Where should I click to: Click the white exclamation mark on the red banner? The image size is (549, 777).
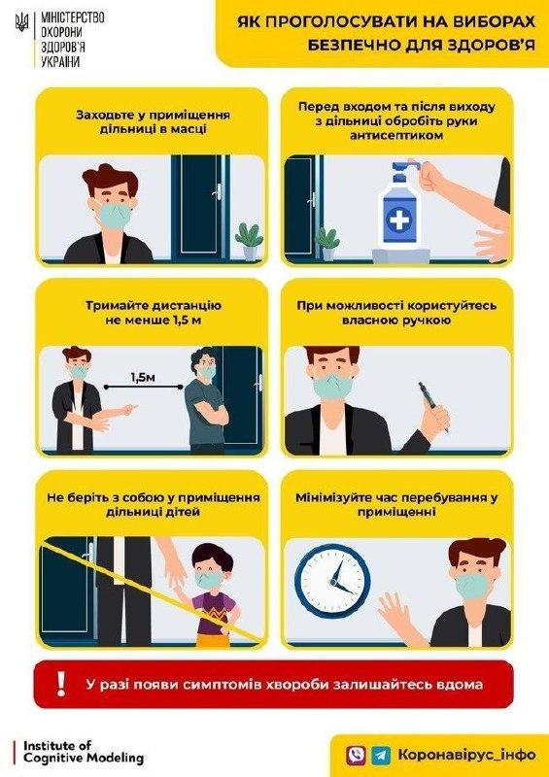coord(57,684)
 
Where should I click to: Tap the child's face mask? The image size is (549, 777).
coord(208,579)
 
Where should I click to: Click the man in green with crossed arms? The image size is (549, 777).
coord(206,403)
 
